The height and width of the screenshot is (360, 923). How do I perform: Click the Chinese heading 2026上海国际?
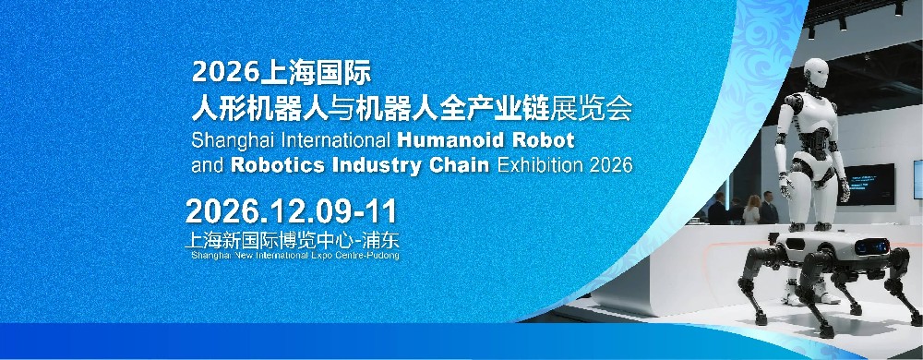(x=282, y=72)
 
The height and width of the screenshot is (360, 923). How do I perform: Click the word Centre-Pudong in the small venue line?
(x=368, y=256)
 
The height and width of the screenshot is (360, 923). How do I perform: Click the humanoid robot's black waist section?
(x=815, y=140)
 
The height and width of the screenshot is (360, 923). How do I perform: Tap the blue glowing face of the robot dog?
(x=872, y=246)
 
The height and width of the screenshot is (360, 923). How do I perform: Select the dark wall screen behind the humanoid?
(x=865, y=184)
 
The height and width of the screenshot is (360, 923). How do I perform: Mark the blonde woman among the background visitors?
(x=751, y=210)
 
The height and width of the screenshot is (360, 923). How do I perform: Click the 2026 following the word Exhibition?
(x=611, y=165)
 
